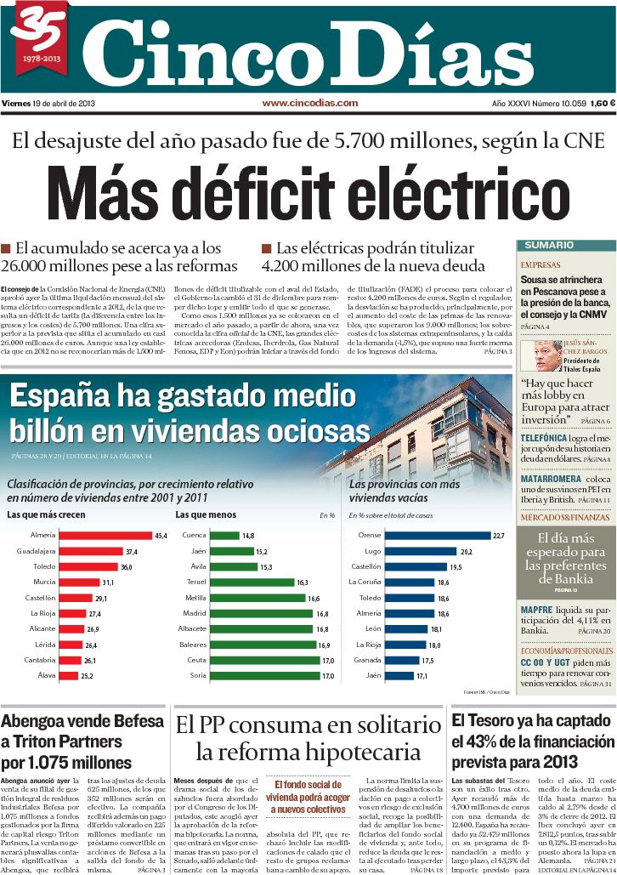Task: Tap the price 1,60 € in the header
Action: click(600, 103)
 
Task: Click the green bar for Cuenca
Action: click(224, 536)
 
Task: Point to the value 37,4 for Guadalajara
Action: click(131, 551)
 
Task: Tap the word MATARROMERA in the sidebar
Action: click(549, 479)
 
